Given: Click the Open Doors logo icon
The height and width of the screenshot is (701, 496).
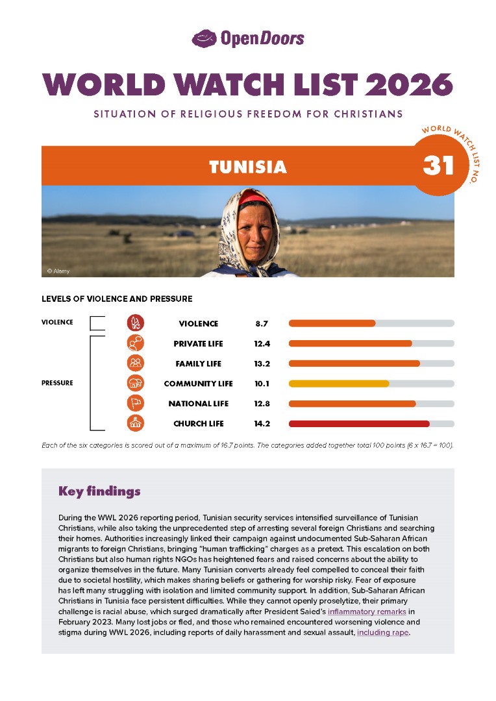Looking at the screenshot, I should (205, 38).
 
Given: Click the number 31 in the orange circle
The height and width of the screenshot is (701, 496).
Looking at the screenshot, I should (438, 166).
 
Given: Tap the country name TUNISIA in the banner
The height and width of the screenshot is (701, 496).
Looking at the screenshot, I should (247, 167).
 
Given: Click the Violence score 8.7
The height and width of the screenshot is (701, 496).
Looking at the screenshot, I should (262, 323).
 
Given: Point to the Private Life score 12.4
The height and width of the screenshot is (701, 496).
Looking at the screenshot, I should (262, 343).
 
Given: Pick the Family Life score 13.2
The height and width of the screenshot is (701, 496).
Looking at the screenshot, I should (262, 363).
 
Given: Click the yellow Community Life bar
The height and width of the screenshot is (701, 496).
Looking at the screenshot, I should (338, 384).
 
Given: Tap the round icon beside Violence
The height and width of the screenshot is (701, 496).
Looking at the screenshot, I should (136, 323).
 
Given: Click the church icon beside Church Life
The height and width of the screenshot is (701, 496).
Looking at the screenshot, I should (136, 424).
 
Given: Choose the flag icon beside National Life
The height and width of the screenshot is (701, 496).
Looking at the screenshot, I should (136, 404).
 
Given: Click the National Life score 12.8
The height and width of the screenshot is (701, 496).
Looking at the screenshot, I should (262, 404).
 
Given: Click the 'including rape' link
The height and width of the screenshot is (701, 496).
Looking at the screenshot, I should (382, 632).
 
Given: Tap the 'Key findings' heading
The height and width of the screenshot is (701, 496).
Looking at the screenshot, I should (99, 491).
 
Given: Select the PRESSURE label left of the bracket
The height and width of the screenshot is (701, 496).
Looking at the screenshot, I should (57, 383).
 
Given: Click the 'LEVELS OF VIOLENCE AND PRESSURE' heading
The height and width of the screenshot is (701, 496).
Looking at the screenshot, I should (117, 299).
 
